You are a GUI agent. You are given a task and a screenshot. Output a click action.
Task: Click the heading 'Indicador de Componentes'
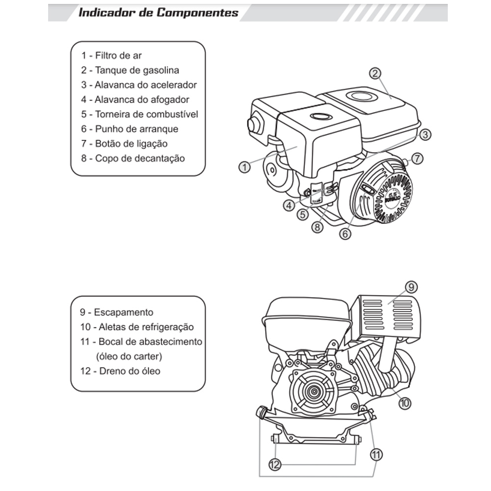159,12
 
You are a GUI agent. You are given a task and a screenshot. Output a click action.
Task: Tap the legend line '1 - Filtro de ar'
112,55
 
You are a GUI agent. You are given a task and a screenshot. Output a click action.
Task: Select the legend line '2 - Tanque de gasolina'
130,70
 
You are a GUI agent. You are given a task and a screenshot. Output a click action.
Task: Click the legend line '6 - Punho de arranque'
130,129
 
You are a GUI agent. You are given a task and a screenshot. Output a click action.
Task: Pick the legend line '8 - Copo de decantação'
133,158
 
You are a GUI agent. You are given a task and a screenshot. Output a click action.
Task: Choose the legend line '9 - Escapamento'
117,312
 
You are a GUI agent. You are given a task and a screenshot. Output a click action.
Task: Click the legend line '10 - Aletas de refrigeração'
137,327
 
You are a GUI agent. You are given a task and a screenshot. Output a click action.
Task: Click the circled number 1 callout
245,167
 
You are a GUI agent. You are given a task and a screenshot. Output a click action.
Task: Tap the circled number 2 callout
375,74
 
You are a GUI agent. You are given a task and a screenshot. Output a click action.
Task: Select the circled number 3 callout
425,134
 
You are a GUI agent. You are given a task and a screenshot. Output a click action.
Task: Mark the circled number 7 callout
417,159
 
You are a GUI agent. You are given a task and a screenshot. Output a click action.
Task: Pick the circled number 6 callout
345,234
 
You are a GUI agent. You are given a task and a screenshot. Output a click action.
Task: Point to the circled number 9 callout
411,286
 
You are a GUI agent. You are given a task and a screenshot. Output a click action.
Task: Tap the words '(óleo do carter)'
129,356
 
